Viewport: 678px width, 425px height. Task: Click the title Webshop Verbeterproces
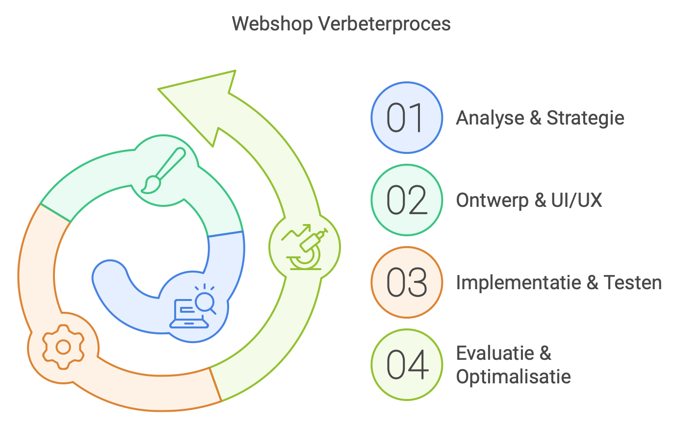(x=341, y=24)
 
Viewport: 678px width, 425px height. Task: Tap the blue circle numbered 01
(x=406, y=118)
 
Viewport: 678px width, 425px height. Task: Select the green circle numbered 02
(x=406, y=200)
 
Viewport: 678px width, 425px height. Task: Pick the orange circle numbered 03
(x=406, y=283)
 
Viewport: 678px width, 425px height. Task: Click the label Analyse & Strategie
(x=540, y=118)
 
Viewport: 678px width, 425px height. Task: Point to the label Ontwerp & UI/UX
(x=529, y=200)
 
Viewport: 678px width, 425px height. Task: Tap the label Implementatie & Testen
(x=559, y=283)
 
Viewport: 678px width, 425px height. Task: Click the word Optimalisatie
(x=513, y=377)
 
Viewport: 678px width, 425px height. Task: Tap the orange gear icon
(x=63, y=347)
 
